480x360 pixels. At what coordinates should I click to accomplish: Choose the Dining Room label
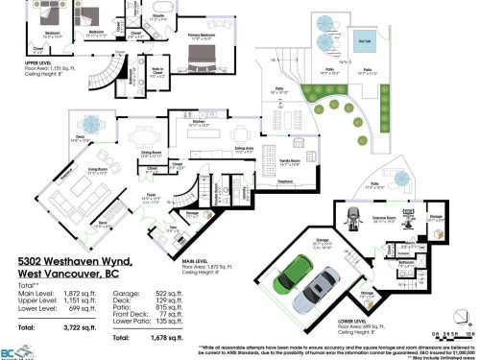(152, 152)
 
